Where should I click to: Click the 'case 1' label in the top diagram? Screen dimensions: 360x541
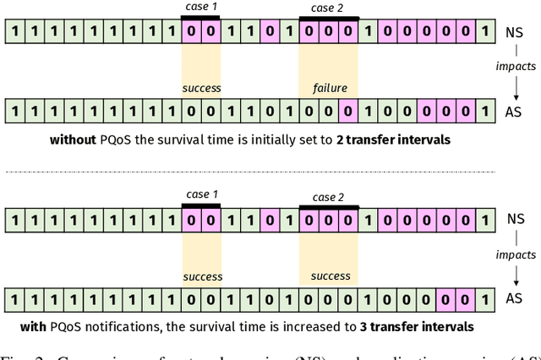(x=201, y=7)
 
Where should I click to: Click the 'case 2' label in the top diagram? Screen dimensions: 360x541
(x=328, y=8)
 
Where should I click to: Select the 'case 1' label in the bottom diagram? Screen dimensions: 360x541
(x=201, y=197)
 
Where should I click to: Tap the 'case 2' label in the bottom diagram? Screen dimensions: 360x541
(x=328, y=197)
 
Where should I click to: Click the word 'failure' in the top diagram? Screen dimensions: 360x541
(x=331, y=88)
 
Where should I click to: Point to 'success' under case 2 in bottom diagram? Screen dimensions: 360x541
(x=331, y=275)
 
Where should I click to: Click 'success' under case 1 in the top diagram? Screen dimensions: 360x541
(x=202, y=88)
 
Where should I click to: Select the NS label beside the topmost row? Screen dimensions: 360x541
(x=513, y=32)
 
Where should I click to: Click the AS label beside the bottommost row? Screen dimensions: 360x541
(x=514, y=298)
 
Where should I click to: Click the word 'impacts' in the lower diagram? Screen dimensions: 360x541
(x=516, y=254)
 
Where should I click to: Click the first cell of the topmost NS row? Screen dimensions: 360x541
(x=14, y=32)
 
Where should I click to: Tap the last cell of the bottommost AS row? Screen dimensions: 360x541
(x=484, y=298)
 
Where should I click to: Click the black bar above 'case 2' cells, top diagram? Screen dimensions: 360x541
(x=329, y=18)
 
